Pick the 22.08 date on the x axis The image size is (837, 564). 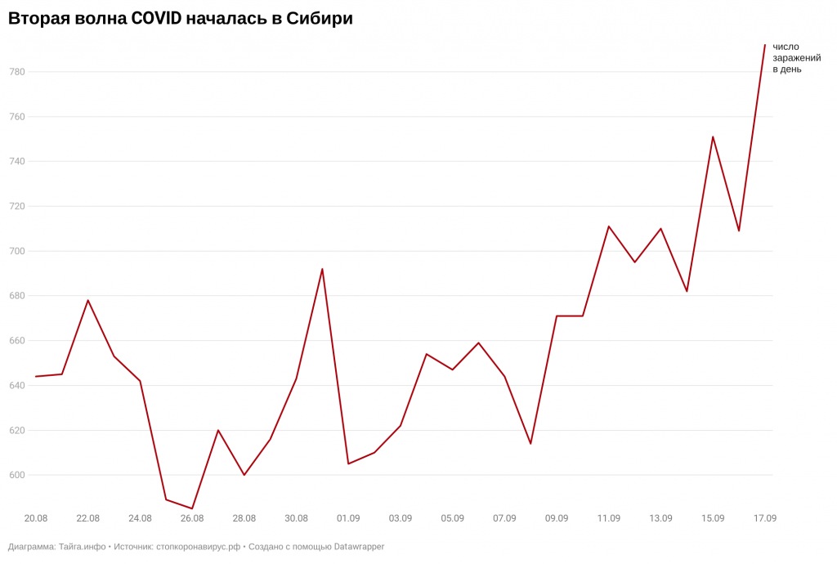tap(88, 518)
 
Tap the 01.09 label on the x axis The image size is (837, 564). tap(348, 518)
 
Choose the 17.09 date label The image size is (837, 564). tap(764, 518)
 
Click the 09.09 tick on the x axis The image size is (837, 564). tap(557, 518)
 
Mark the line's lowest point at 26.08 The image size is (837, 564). tap(192, 508)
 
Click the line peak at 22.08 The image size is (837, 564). tap(88, 300)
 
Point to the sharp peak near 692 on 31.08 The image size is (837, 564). tap(322, 269)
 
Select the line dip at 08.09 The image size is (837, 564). tap(530, 443)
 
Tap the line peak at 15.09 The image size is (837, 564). tap(713, 137)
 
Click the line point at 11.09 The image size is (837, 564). tap(609, 226)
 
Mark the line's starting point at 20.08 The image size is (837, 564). tap(36, 377)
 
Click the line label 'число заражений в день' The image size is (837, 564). tap(796, 58)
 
